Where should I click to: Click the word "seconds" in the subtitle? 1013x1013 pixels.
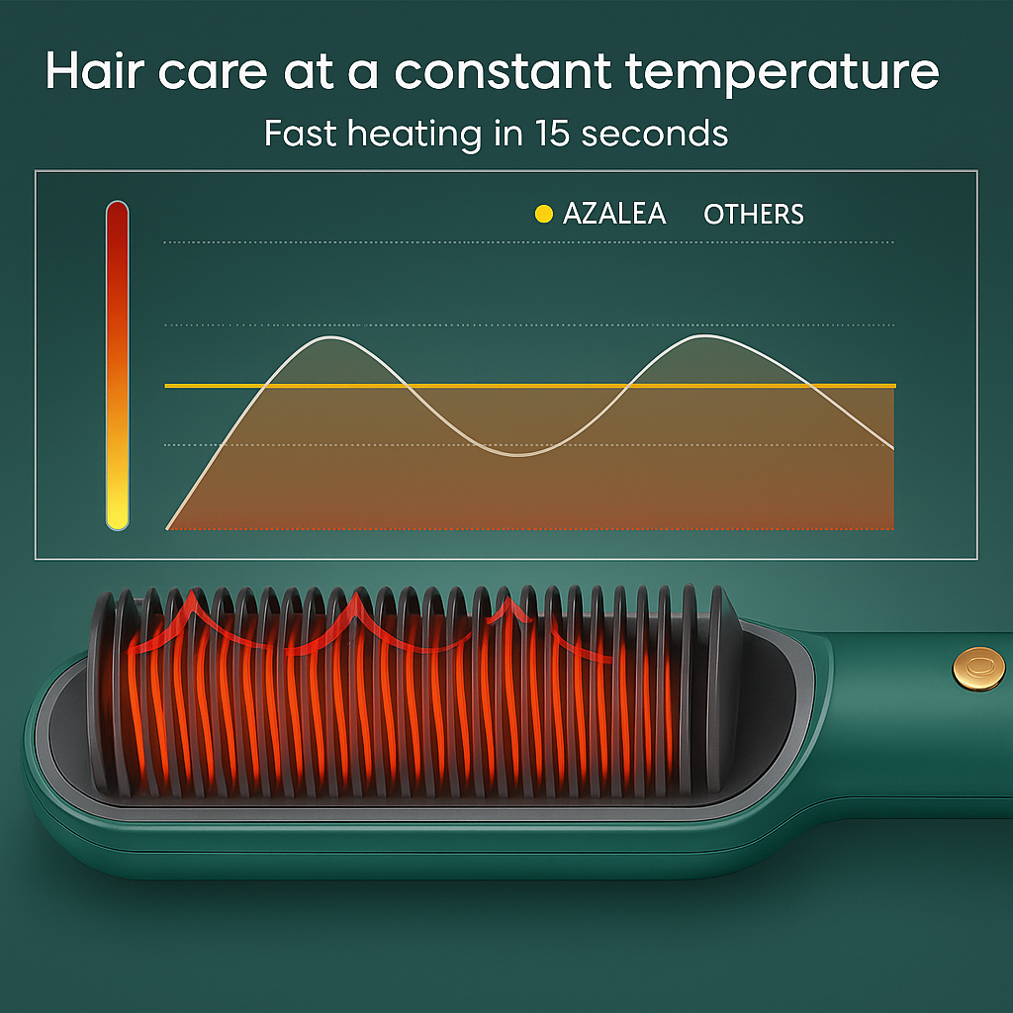[655, 133]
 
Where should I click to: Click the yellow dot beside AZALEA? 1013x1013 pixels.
[543, 214]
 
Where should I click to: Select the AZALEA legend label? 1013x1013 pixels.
[613, 214]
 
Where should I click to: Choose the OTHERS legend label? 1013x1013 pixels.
[753, 214]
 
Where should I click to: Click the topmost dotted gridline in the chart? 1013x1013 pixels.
[528, 242]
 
